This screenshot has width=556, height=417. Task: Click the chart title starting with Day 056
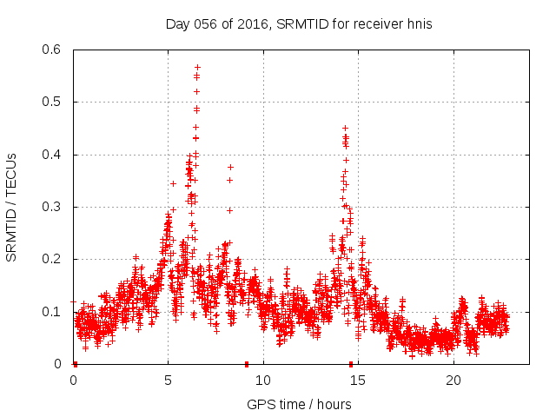coord(299,23)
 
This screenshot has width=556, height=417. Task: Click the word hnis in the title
coord(418,23)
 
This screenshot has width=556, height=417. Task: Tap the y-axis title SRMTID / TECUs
coord(11,207)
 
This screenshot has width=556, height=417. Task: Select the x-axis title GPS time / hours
coord(299,404)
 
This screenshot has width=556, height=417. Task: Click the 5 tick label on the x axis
coord(169,381)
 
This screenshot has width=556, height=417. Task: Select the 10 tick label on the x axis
coord(263,381)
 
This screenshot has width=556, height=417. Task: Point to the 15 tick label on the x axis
coord(359,381)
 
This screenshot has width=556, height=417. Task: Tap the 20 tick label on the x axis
coord(453,381)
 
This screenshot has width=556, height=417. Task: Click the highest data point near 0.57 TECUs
coord(197,67)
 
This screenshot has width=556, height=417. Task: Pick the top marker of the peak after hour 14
coord(345,128)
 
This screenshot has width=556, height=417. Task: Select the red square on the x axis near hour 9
coord(247,364)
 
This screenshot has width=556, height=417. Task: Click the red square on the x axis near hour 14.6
coord(351,364)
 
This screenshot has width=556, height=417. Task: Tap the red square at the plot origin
coord(75,364)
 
